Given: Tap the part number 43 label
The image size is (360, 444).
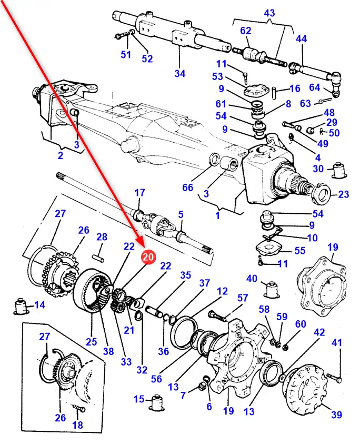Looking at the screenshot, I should click(269, 12).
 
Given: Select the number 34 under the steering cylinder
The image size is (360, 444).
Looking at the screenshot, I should click(180, 73).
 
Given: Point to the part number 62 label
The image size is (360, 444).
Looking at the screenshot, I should click(246, 31).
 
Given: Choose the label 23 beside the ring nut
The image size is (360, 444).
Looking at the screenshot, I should click(344, 194).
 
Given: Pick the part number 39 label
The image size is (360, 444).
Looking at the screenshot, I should click(336, 415).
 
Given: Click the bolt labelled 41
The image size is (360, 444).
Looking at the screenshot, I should click(332, 376).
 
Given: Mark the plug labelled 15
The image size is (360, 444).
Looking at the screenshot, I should click(156, 402).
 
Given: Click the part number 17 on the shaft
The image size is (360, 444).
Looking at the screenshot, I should click(139, 192).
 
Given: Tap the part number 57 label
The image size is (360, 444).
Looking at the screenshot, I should click(242, 299).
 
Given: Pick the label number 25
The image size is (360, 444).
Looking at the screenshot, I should click(92, 341).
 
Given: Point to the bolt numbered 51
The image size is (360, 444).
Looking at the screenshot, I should click(120, 36).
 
